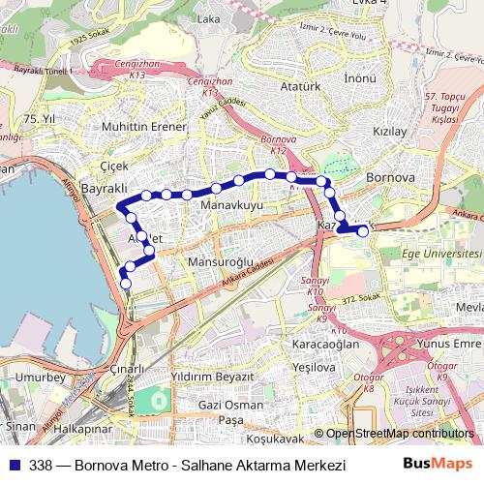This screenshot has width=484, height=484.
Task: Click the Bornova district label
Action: point(391,178)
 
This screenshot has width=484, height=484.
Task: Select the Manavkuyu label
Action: point(231,206)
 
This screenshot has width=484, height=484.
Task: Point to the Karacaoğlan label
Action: point(325,344)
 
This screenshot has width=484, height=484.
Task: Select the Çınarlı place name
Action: point(127,368)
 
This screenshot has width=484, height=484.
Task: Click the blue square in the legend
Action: point(14,465)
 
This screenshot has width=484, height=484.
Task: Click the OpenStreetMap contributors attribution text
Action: point(399,435)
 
